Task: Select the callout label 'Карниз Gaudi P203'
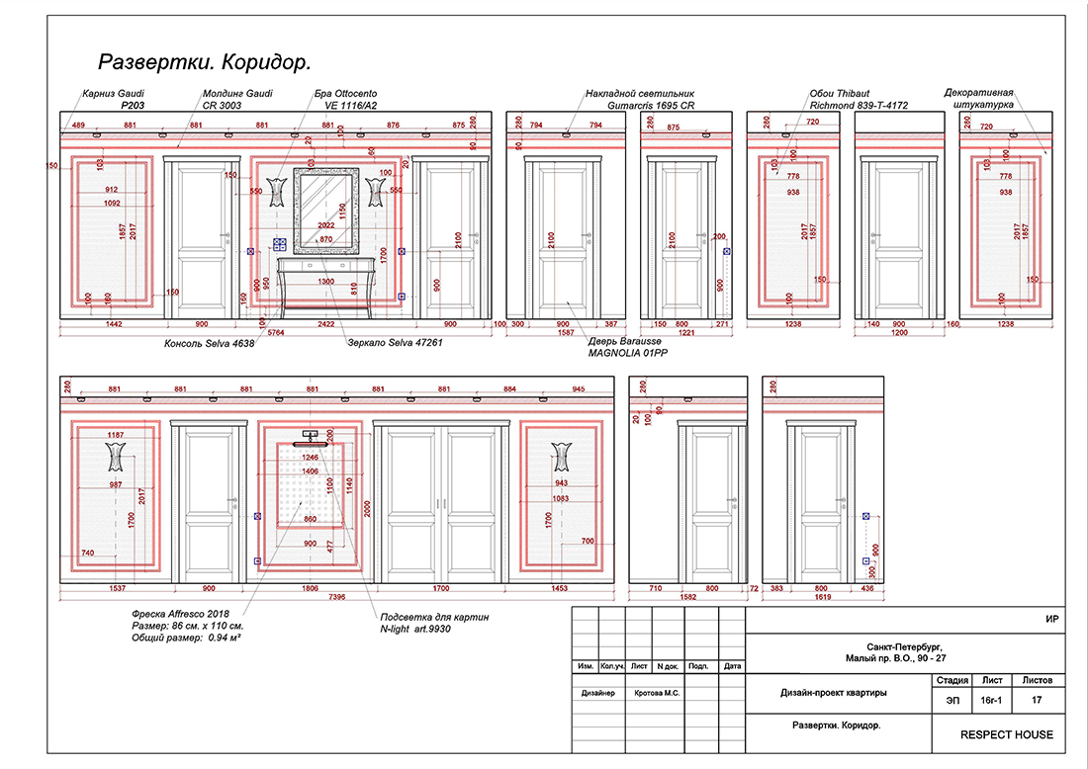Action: [x=117, y=98]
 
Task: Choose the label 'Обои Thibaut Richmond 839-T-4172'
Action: [x=857, y=98]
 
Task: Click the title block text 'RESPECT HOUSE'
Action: [x=1007, y=734]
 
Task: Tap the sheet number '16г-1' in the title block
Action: [x=992, y=700]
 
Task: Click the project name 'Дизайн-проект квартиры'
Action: [x=833, y=693]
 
